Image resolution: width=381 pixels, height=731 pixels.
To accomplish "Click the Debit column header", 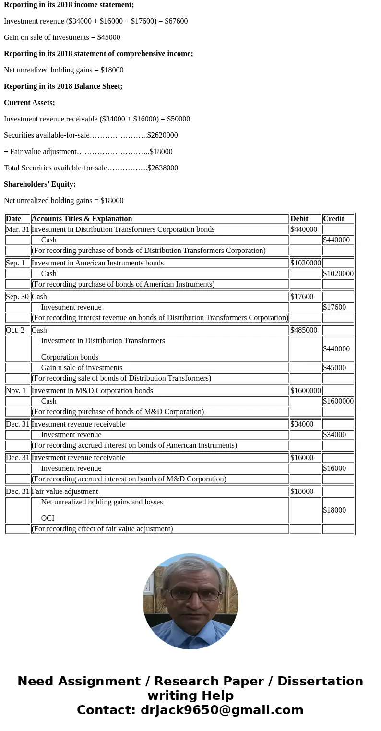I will (299, 219).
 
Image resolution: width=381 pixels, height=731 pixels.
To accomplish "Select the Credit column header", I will (333, 219).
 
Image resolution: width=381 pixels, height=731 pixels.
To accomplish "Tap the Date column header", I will (13, 219).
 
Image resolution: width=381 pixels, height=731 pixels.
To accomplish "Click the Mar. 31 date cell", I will (17, 229).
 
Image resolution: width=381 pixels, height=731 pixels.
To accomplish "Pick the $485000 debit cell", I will (304, 330).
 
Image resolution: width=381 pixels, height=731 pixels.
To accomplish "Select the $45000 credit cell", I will (334, 368).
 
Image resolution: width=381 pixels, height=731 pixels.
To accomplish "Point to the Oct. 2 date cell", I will (15, 330).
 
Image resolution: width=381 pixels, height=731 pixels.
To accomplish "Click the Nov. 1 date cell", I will (16, 391).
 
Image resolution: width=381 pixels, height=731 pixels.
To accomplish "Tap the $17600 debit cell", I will (302, 297).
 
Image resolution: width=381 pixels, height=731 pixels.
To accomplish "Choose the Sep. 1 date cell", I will (15, 263).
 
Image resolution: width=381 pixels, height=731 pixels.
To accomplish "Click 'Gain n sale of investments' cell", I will (82, 368).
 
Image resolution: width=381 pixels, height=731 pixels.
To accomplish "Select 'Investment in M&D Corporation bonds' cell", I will (92, 391).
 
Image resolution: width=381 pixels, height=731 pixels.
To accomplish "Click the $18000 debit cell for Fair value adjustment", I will (302, 491).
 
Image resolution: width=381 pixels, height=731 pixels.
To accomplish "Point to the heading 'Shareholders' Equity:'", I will (40, 184).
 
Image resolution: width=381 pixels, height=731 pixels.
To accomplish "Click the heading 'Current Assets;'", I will (29, 103).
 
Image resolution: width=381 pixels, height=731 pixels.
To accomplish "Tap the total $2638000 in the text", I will (163, 168).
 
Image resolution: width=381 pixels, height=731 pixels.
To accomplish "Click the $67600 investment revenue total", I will (176, 21).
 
